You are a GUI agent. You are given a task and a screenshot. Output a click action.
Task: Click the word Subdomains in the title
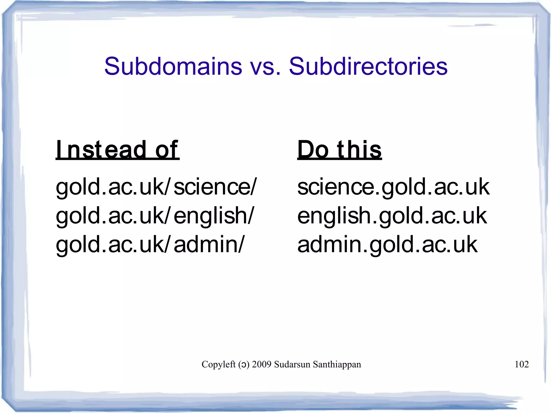tap(173, 66)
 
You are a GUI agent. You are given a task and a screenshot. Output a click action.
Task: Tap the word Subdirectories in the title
tap(368, 66)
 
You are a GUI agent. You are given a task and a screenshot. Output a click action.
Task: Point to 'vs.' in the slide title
tap(265, 67)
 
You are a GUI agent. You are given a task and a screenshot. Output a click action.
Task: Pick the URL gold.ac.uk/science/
tap(156, 187)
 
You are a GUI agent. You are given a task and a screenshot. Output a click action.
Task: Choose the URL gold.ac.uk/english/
tap(154, 216)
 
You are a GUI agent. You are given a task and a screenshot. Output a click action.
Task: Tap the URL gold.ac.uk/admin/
tap(150, 244)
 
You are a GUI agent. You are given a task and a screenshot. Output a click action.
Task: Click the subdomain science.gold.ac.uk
tap(393, 187)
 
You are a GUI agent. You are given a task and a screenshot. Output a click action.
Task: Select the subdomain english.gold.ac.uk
tap(392, 216)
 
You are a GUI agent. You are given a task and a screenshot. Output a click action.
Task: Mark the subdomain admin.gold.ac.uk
tap(387, 244)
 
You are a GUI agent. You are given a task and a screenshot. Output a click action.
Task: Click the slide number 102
tap(521, 364)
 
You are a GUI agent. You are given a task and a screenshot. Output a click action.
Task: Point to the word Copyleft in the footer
tap(218, 364)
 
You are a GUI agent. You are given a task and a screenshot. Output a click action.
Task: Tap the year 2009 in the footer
tap(262, 364)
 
